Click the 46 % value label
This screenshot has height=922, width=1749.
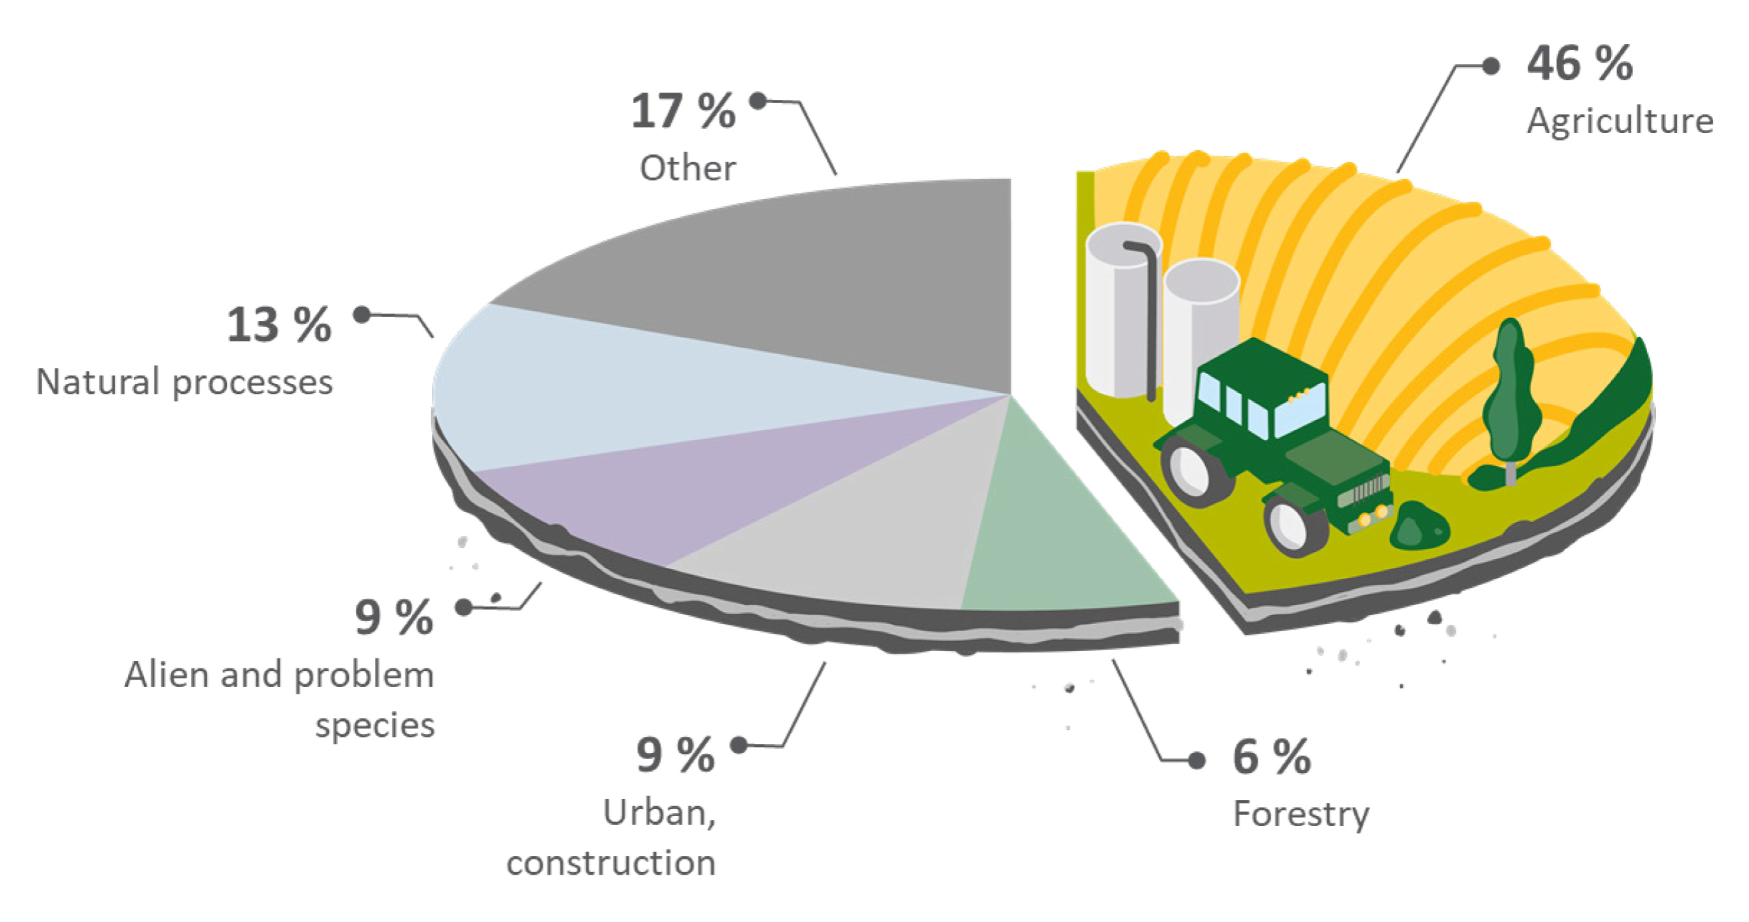click(1579, 64)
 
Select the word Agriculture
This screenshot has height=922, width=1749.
click(1620, 122)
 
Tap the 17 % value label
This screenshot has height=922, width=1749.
click(683, 111)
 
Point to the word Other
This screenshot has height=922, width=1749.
click(688, 168)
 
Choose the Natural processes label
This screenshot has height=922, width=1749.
click(184, 383)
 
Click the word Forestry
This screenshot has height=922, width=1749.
click(1301, 815)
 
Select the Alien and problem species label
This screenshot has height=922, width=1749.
click(280, 700)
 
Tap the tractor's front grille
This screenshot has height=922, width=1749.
click(1365, 491)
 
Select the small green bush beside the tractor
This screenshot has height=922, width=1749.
click(1419, 525)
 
